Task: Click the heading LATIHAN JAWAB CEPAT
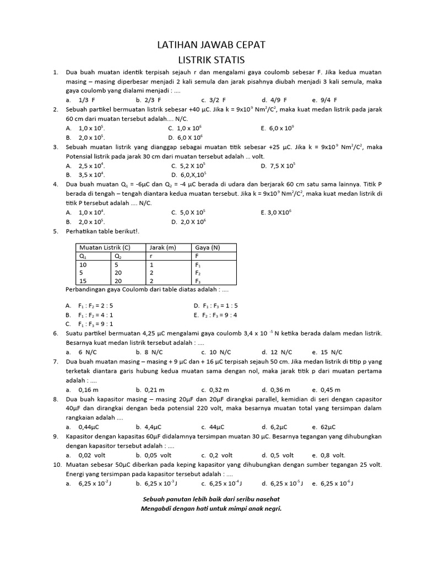point(211,45)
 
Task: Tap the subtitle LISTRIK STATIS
point(211,59)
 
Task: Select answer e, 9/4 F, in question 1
point(324,100)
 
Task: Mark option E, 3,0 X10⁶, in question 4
point(280,212)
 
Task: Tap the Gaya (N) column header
point(207,247)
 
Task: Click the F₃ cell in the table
point(199,281)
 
